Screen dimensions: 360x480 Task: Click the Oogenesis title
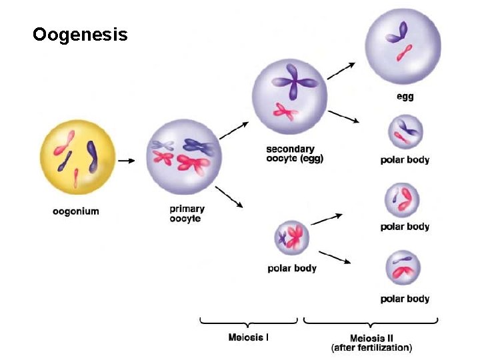80,34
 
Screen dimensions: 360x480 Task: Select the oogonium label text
75,211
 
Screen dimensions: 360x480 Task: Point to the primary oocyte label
187,213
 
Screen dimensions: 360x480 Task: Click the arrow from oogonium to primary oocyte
127,161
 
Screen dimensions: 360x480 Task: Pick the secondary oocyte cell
289,95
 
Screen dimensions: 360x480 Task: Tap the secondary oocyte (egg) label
294,153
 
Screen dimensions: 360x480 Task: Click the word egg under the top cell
405,97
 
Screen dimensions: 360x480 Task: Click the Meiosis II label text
371,342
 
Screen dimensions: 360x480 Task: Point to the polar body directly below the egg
405,132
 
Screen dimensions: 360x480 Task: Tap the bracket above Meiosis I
250,323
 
